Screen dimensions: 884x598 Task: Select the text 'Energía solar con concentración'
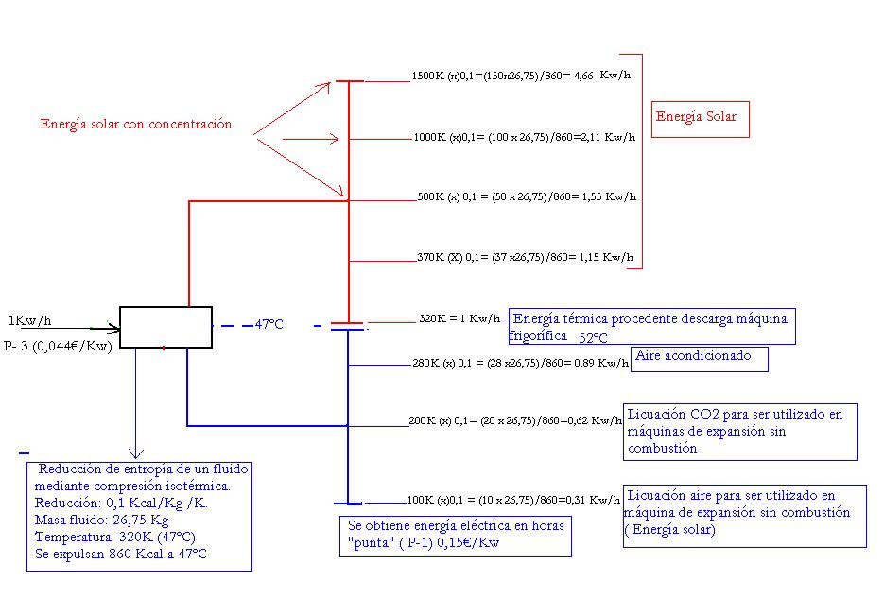pyautogui.click(x=136, y=124)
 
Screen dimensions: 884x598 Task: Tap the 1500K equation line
pyautogui.click(x=521, y=76)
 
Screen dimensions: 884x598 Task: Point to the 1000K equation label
pyautogui.click(x=525, y=137)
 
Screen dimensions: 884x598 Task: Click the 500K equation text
pyautogui.click(x=527, y=196)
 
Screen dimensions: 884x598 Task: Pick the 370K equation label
pyautogui.click(x=526, y=257)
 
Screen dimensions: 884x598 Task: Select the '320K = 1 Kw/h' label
pyautogui.click(x=459, y=318)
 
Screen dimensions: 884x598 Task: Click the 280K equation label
pyautogui.click(x=520, y=363)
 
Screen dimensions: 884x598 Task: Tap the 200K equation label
pyautogui.click(x=515, y=420)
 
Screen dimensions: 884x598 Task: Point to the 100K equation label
pyautogui.click(x=513, y=500)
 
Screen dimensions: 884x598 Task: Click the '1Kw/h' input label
pyautogui.click(x=30, y=321)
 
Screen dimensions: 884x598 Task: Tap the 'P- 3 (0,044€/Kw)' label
pyautogui.click(x=58, y=347)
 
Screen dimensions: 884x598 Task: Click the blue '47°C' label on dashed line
pyautogui.click(x=269, y=324)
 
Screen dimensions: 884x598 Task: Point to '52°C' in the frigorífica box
pyautogui.click(x=593, y=338)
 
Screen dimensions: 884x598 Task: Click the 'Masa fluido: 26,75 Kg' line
pyautogui.click(x=101, y=520)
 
